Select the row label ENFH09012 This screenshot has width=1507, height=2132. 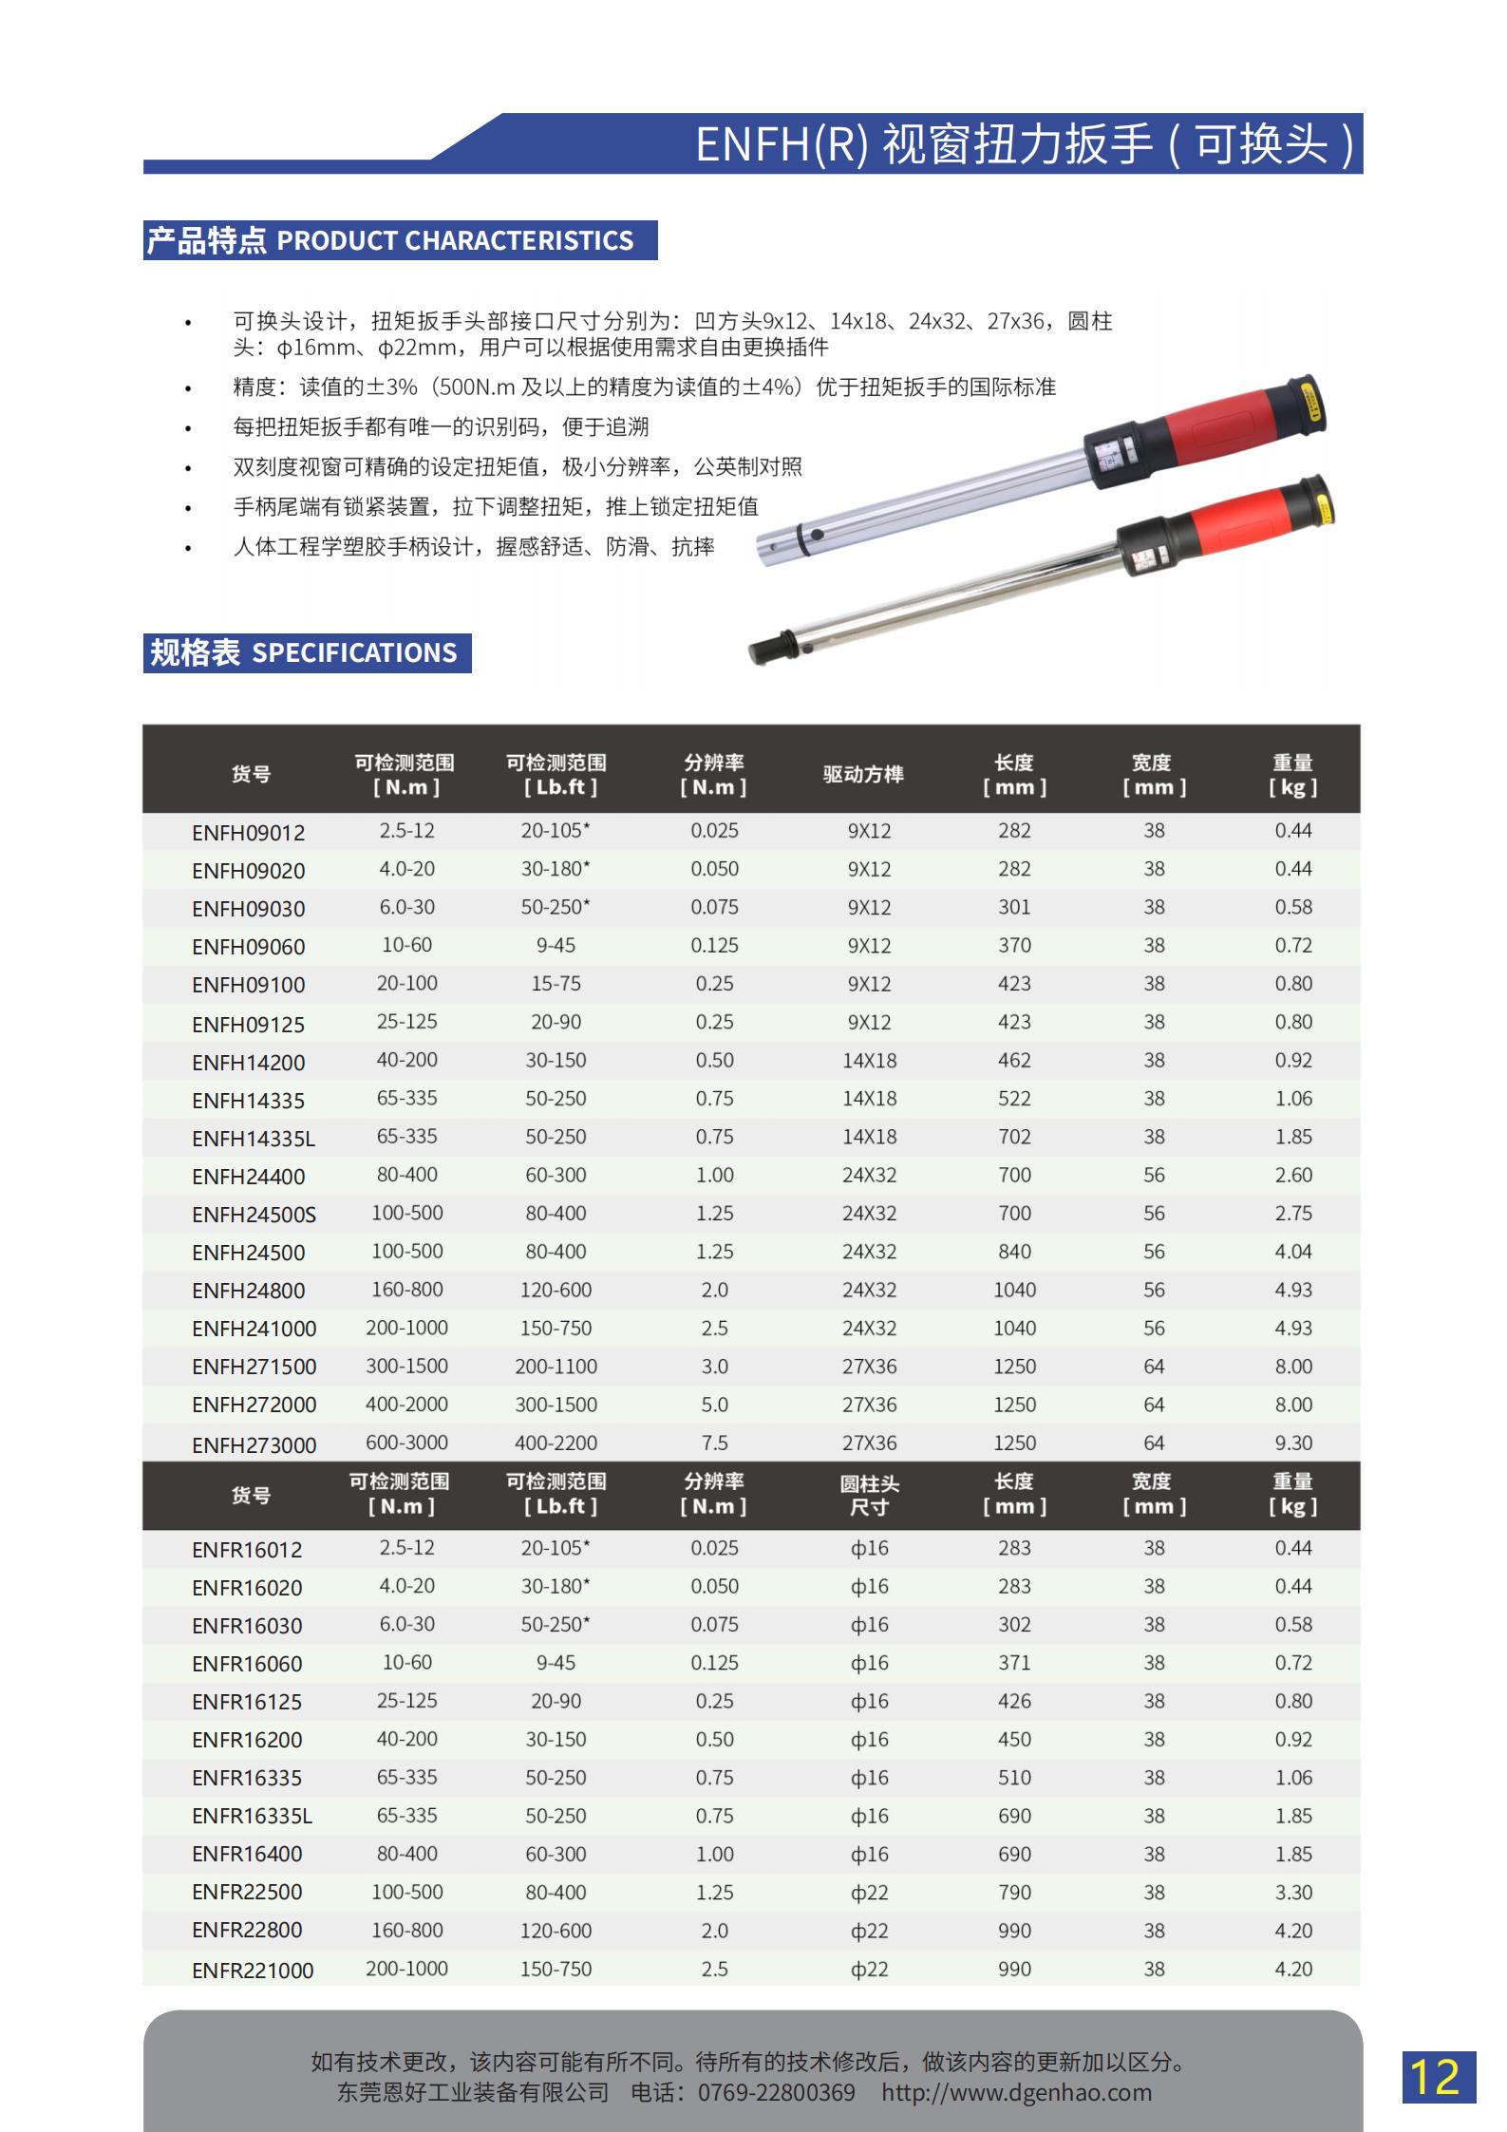pos(248,833)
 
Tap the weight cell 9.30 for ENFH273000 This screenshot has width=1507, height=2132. pos(1292,1443)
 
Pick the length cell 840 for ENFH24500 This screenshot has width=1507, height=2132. pos(1013,1252)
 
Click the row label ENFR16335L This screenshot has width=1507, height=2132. pos(252,1816)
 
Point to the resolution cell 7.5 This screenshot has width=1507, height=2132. pos(714,1443)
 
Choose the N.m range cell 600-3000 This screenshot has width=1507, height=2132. pos(406,1443)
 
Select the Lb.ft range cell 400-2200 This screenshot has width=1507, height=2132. pos(556,1443)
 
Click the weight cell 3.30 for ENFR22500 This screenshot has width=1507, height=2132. pos(1292,1892)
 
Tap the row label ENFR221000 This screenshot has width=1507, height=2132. pos(252,1970)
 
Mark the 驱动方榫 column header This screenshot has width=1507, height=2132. pos(862,774)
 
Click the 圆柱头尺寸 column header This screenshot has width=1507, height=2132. pos(869,1495)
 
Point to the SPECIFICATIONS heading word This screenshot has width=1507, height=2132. pos(354,652)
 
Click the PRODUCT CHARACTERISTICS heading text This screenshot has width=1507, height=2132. pos(455,240)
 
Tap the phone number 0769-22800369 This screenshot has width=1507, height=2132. pos(776,2093)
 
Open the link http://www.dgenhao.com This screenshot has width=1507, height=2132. pos(1016,2093)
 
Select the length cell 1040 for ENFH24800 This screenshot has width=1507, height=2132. pos(1013,1290)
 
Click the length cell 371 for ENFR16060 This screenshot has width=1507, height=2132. pos(1013,1663)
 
